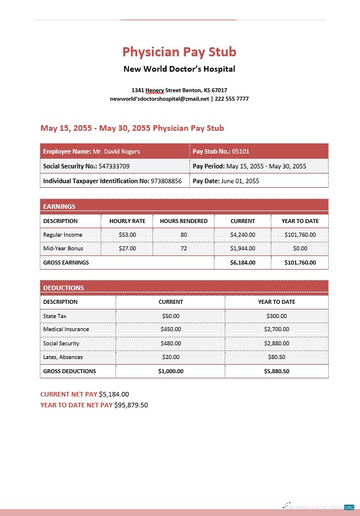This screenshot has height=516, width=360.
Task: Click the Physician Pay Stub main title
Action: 179,52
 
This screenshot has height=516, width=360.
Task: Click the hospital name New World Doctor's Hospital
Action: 179,69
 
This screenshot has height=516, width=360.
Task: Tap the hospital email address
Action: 159,99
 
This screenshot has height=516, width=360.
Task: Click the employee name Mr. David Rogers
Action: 116,151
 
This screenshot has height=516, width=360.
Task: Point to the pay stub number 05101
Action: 241,151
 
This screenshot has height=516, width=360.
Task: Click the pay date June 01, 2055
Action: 239,181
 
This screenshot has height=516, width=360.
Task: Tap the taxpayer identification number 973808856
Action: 166,181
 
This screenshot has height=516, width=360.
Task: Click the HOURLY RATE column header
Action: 127,221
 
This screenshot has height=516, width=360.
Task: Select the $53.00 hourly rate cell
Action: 127,234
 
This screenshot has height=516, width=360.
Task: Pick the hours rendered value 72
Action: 184,249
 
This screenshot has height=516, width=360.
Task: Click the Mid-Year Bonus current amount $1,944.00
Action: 243,249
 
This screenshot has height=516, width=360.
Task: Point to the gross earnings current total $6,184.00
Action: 243,263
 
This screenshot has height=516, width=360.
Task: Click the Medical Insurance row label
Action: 66,329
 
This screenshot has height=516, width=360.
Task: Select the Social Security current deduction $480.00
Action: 171,344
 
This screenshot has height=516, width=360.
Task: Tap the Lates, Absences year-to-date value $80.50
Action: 276,357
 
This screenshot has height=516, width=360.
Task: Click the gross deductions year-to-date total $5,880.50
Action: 276,371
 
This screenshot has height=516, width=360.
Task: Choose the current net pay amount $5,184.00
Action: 114,394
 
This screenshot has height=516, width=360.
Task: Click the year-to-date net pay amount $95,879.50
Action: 131,405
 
